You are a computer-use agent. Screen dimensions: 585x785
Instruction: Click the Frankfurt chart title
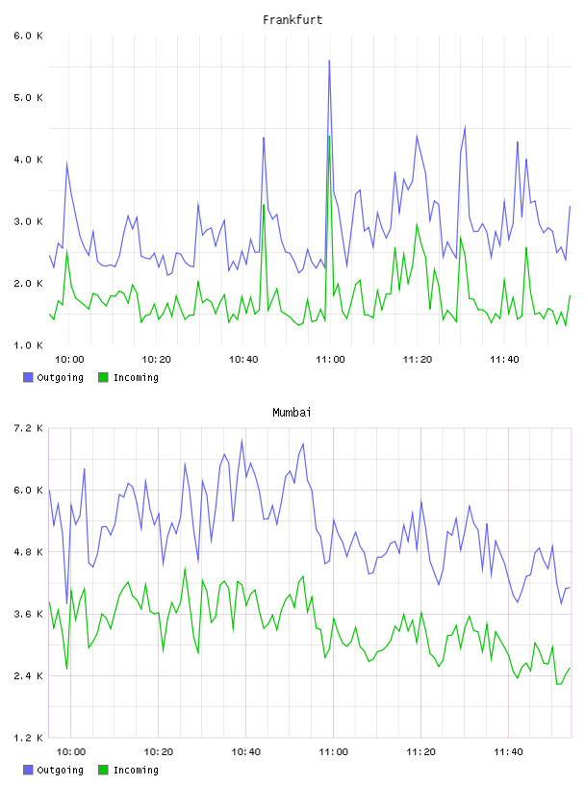point(292,20)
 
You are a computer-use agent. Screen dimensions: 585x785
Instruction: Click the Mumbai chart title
point(292,413)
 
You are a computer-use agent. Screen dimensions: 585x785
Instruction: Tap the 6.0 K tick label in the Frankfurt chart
point(28,36)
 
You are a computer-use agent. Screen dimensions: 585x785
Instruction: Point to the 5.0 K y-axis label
point(28,97)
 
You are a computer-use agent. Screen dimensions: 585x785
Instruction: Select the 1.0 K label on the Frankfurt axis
point(28,345)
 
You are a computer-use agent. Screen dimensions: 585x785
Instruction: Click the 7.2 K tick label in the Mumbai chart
point(28,428)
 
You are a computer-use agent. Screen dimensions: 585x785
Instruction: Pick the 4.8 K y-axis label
point(28,552)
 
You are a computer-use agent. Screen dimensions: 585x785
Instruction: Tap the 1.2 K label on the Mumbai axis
point(28,738)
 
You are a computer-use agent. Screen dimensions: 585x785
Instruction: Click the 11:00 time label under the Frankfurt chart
point(331,360)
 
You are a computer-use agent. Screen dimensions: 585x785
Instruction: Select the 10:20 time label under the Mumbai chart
point(158,752)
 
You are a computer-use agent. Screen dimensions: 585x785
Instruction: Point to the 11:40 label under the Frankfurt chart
point(504,360)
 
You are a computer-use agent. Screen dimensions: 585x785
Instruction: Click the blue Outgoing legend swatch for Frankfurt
point(28,377)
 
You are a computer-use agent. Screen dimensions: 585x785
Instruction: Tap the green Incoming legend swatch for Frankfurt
point(103,377)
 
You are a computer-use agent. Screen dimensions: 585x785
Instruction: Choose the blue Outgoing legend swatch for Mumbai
point(28,770)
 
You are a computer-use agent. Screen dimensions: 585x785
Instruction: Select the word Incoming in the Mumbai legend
point(136,770)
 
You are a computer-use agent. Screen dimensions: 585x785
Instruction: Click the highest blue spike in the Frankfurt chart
point(329,61)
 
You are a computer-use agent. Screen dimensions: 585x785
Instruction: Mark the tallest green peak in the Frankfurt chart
point(329,137)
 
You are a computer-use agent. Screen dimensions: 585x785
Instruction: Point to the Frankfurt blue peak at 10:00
point(66,164)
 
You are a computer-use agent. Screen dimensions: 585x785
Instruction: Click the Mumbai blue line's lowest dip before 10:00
point(66,603)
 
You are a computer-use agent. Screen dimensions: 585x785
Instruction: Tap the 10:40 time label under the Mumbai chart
point(246,752)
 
